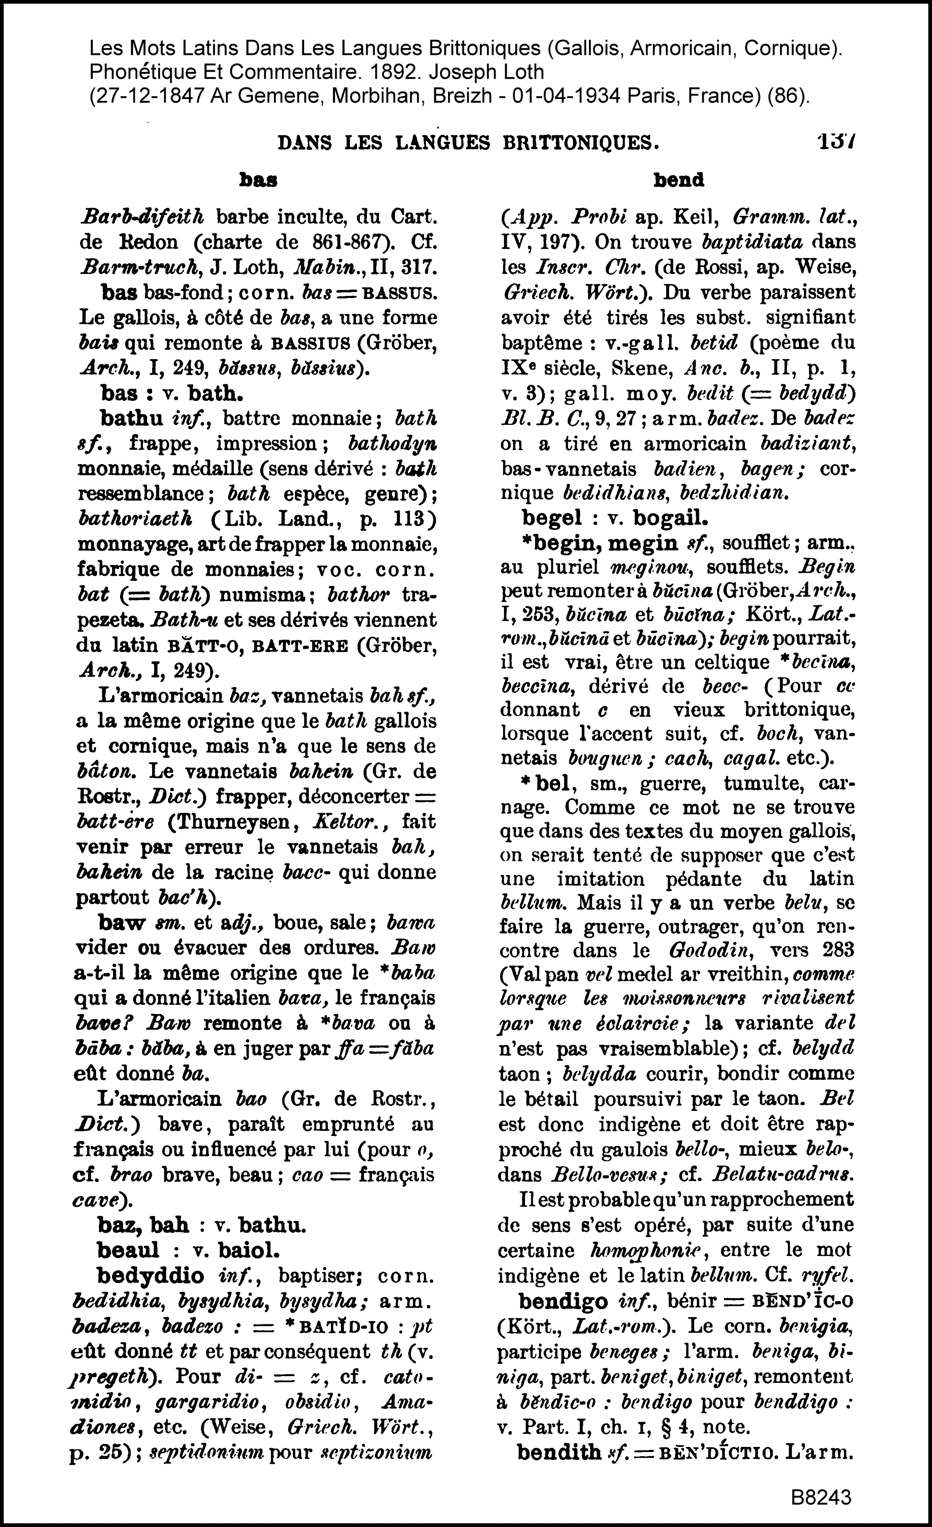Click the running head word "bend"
679,180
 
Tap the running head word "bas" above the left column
258,180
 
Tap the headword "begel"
552,517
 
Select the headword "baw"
121,923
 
